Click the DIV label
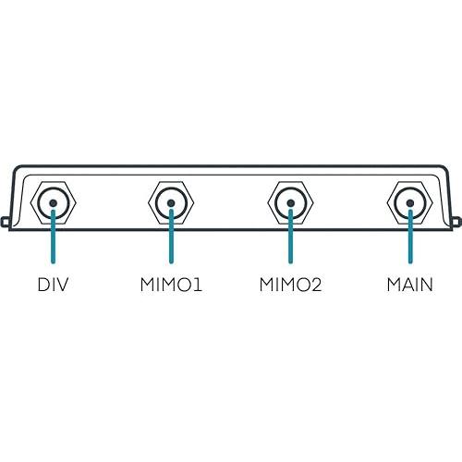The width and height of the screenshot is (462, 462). tap(53, 285)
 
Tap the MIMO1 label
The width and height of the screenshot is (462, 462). tap(171, 285)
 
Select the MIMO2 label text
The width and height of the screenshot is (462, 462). tap(290, 285)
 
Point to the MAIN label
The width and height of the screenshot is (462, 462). tap(410, 285)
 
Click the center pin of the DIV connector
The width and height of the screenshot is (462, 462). tap(54, 203)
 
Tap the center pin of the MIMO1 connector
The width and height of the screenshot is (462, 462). tap(171, 203)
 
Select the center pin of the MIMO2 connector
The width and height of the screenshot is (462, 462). tap(290, 203)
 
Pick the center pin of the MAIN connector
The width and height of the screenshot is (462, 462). tap(410, 203)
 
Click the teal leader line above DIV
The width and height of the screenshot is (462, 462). tap(54, 237)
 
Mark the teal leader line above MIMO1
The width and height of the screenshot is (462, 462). tap(171, 237)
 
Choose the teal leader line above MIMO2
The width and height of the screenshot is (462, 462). tap(290, 237)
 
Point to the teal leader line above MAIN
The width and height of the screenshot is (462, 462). tap(410, 237)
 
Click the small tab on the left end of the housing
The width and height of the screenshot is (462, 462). tap(5, 222)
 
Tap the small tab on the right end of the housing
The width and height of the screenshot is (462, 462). tap(457, 222)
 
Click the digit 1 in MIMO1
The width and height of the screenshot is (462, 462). tap(198, 285)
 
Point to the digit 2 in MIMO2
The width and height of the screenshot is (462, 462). tap(316, 285)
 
